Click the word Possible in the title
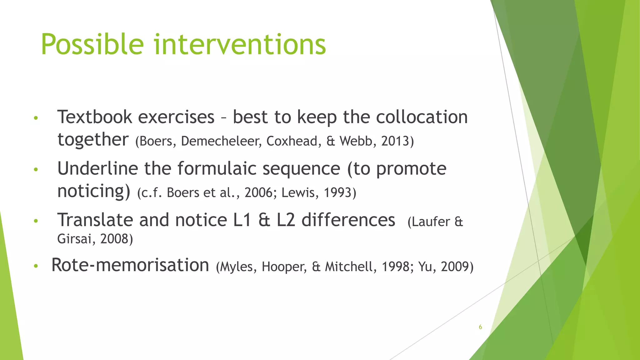click(92, 45)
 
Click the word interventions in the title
click(240, 45)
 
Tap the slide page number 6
click(480, 327)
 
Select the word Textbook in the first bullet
click(95, 117)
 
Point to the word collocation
click(422, 117)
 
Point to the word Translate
click(95, 220)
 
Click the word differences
click(348, 220)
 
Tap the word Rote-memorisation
click(130, 265)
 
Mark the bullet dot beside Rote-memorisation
click(36, 266)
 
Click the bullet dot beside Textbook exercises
click(36, 118)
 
